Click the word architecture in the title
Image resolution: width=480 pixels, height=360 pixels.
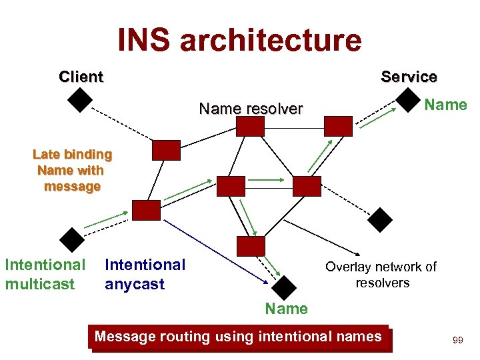click(270, 41)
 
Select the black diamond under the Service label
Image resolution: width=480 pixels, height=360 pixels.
click(409, 100)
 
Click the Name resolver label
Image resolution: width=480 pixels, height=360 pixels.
click(251, 109)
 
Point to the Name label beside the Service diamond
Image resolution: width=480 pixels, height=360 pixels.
click(445, 105)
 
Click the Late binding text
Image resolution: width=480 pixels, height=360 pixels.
click(72, 155)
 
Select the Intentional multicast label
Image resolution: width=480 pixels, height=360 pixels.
click(45, 274)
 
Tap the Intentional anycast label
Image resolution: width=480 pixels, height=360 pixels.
click(145, 274)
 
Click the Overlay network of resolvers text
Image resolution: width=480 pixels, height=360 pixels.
click(381, 274)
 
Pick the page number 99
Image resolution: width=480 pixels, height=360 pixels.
click(457, 340)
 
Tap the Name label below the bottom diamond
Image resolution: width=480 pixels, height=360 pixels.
click(286, 308)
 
